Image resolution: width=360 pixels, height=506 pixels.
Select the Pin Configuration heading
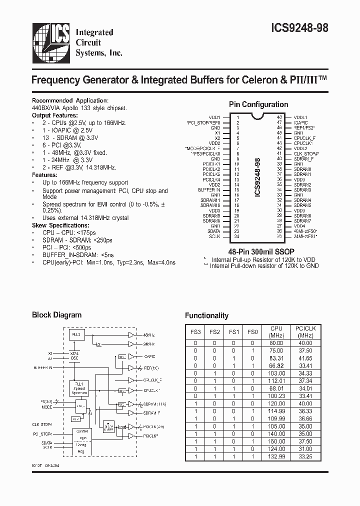point(258,104)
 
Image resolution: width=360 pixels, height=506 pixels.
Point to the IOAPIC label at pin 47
point(301,122)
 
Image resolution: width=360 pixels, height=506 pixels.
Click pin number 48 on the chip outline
point(279,117)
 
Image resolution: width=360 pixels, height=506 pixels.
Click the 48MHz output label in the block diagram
point(149,334)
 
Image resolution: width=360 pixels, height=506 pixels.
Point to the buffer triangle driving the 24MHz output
point(131,344)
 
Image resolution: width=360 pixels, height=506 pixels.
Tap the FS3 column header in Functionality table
point(196,331)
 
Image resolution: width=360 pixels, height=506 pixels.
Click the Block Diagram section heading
point(56,315)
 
